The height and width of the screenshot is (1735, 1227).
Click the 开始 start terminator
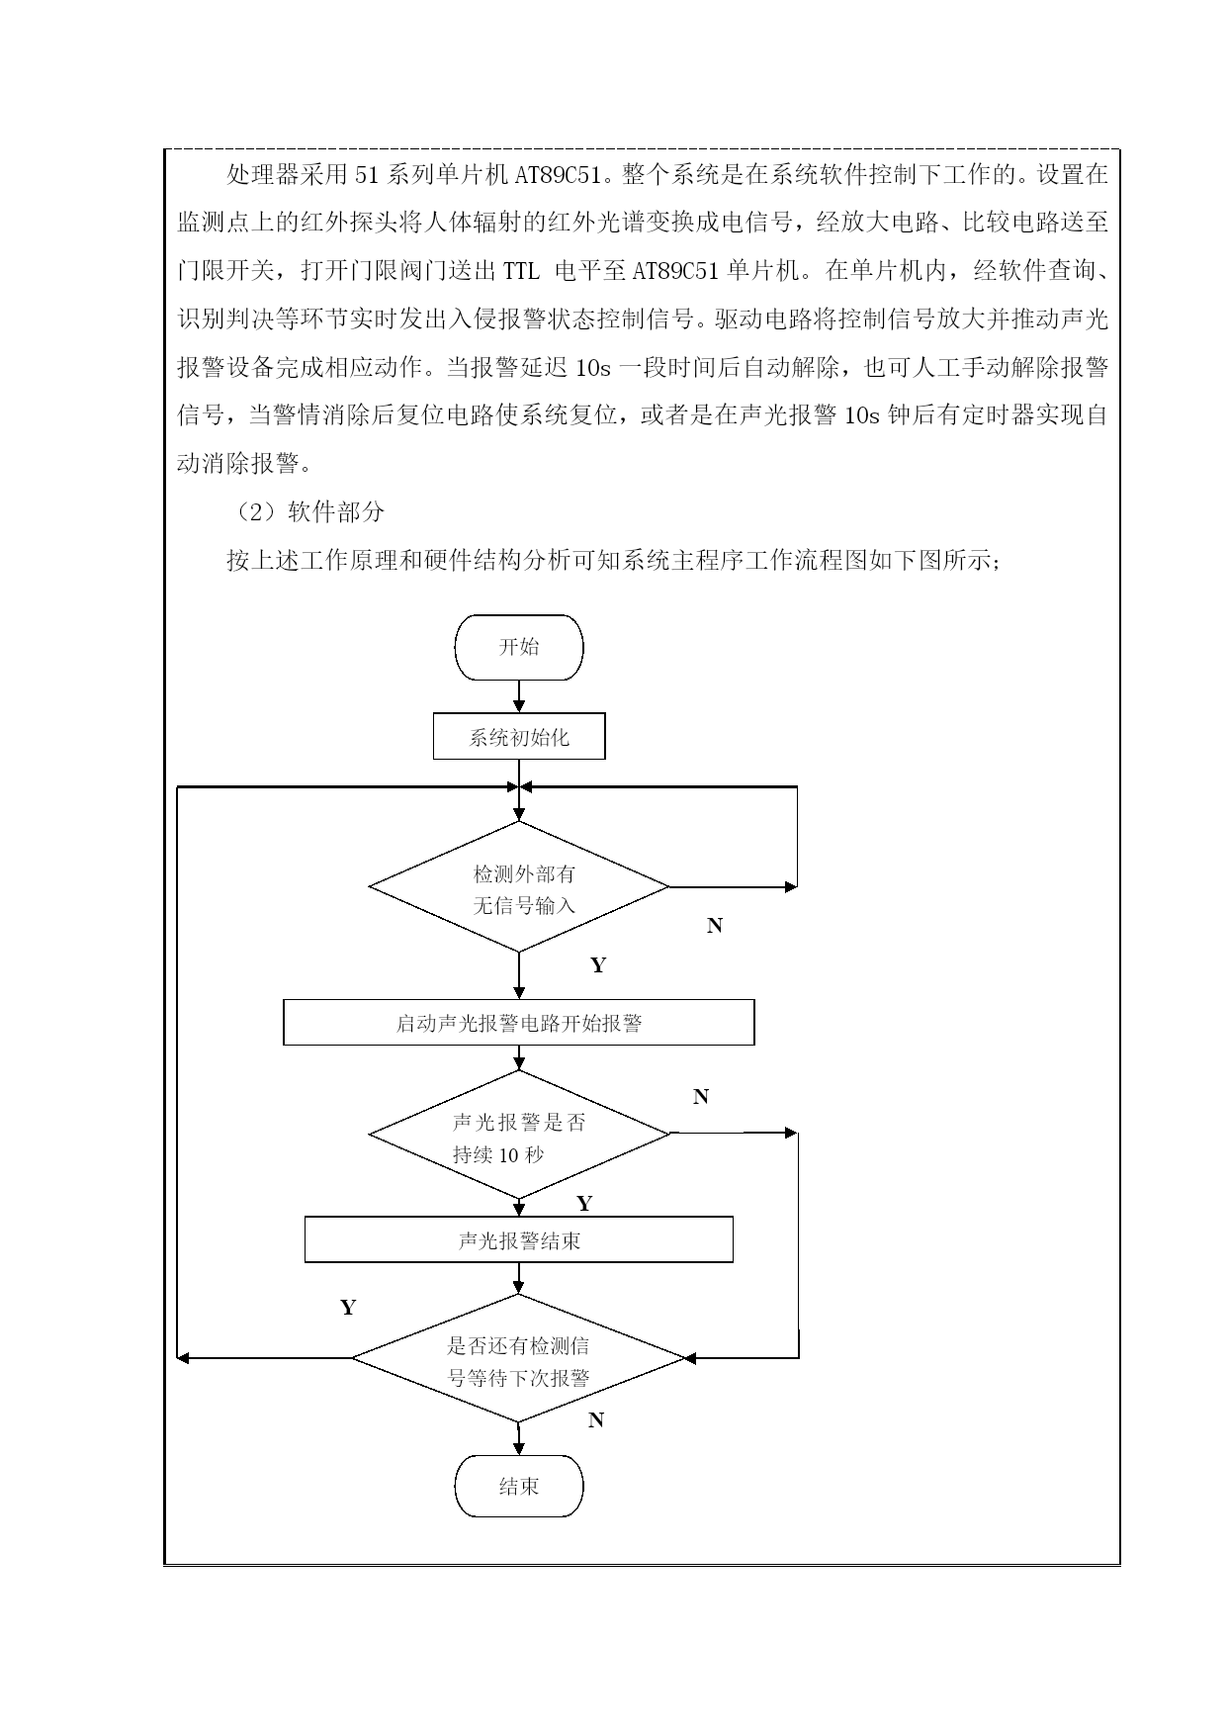pos(519,647)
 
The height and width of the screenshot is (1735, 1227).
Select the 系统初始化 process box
pos(519,738)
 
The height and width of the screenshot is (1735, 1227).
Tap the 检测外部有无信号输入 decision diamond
pos(519,887)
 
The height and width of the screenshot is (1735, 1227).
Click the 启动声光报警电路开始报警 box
pos(519,1023)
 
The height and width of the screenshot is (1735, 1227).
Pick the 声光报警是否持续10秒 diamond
pos(519,1134)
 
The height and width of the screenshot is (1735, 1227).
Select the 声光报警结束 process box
pos(519,1240)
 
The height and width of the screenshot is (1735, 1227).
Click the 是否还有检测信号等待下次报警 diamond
pos(519,1359)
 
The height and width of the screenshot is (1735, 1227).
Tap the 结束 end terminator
pos(519,1486)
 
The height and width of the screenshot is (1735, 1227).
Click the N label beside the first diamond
pos(715,926)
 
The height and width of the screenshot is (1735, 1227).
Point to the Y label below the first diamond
pos(598,965)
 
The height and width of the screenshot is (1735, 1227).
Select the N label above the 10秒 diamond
pos(701,1097)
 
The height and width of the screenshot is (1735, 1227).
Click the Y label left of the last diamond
pos(348,1308)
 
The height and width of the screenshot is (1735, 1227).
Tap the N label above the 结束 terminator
pos(596,1420)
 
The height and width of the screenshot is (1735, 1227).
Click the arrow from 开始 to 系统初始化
pos(519,697)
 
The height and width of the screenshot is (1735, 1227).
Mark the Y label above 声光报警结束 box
pos(584,1204)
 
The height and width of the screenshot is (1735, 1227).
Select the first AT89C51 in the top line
pos(559,176)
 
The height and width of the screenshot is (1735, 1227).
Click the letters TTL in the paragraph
pos(521,271)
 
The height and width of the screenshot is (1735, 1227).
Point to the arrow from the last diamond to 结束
pos(519,1439)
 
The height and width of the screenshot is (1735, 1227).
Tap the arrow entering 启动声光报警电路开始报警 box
pos(519,976)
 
